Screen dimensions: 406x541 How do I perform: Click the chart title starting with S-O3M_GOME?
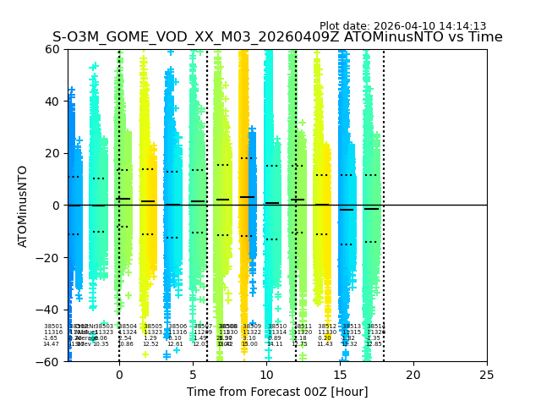[277, 37]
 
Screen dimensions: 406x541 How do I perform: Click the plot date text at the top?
[402, 26]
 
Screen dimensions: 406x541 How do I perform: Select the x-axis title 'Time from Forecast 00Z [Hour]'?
[277, 392]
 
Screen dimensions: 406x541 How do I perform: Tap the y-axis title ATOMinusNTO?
[24, 206]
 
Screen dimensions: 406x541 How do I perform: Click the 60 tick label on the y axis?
[52, 49]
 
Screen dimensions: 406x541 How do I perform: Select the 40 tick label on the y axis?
[52, 101]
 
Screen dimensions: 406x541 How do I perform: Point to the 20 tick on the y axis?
[52, 153]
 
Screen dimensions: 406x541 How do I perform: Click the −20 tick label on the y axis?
[48, 257]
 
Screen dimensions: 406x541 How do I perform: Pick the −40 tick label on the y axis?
[48, 310]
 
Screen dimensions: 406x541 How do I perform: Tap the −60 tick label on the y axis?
[48, 361]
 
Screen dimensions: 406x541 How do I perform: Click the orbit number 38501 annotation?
[52, 326]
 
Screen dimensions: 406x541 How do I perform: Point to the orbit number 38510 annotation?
[277, 326]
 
